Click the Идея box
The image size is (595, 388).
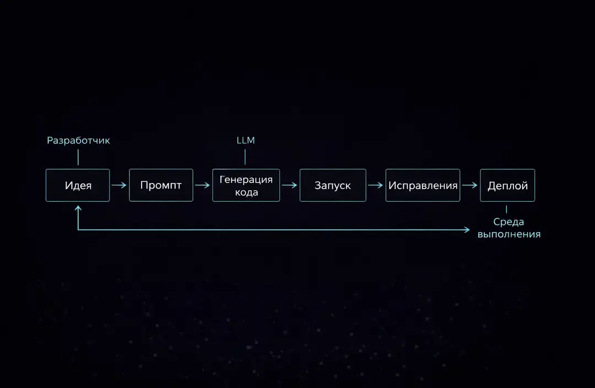coord(78,185)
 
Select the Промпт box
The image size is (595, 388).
coord(161,185)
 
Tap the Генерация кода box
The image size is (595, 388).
coord(246,185)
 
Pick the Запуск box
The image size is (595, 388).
coord(333,185)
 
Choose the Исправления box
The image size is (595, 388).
coord(423,185)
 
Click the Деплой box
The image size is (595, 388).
coord(507,185)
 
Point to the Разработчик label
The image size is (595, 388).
coord(78,141)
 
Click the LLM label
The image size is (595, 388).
coord(246,140)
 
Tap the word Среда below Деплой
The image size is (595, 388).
coord(509,222)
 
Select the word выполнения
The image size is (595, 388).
coord(509,234)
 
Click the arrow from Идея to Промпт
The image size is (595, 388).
coord(119,185)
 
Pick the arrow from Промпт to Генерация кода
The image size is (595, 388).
coord(202,185)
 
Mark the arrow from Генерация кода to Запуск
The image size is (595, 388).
coord(290,185)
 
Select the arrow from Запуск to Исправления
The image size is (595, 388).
coord(376,185)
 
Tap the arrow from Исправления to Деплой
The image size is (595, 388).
coord(470,185)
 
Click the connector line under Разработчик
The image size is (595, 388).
coord(78,157)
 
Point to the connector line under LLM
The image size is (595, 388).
coord(245,157)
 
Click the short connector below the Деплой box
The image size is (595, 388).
coord(506,209)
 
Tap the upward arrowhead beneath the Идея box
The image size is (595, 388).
coord(78,208)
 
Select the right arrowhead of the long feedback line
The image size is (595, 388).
coord(467,229)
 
